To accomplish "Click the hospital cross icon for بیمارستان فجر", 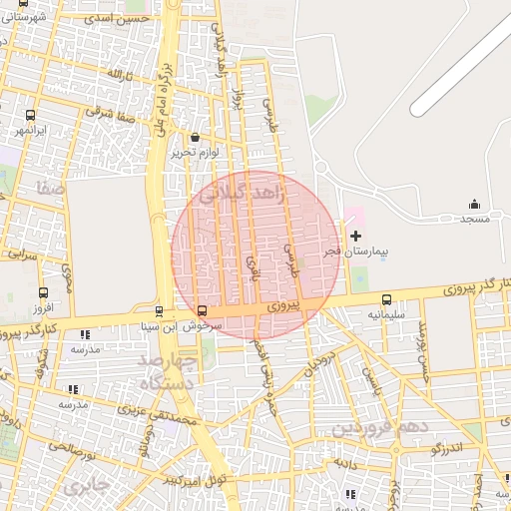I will (x=356, y=236).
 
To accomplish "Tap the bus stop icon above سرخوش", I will (x=203, y=310).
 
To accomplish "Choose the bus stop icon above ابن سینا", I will (x=159, y=310).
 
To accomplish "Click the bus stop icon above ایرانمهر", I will (x=30, y=115).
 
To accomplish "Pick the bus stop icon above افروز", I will (x=43, y=292).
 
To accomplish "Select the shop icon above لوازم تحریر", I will (x=194, y=137).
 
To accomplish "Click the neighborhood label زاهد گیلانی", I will (x=244, y=198).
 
